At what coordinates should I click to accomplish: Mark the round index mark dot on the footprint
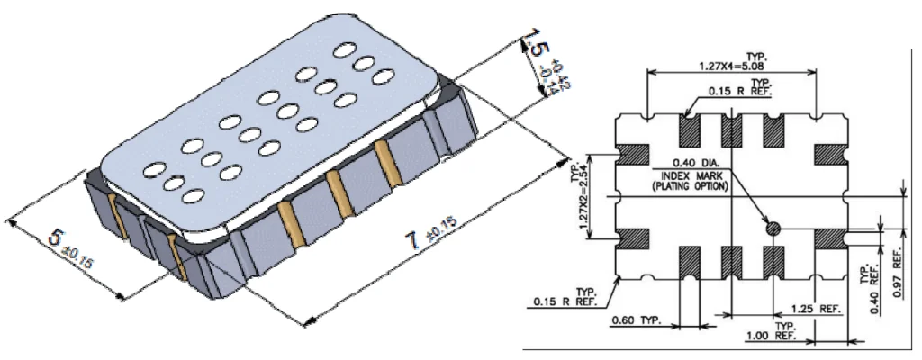(772, 229)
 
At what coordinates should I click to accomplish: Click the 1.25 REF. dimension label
(817, 308)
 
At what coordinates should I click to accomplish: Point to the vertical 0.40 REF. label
(871, 286)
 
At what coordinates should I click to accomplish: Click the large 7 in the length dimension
(412, 243)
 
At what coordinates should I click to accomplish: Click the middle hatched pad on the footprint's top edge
(732, 130)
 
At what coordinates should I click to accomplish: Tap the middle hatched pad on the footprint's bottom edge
(732, 261)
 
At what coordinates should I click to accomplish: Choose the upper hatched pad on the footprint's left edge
(633, 155)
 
